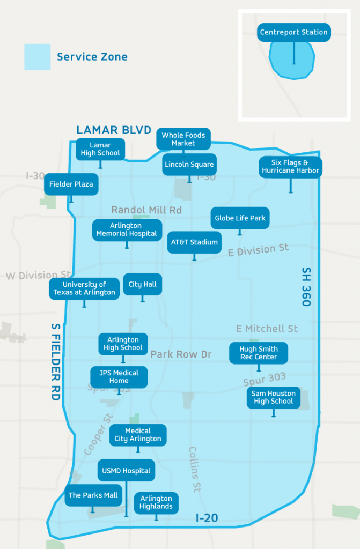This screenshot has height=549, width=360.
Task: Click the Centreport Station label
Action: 293,32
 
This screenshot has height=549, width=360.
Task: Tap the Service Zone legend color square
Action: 38,57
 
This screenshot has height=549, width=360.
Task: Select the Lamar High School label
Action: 100,149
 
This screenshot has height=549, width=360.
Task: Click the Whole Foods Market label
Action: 183,139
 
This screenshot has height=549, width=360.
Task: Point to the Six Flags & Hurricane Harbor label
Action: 290,167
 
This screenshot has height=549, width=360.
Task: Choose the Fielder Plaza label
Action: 71,184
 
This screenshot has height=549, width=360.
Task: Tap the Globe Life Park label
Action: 239,218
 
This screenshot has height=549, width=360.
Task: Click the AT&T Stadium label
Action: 194,242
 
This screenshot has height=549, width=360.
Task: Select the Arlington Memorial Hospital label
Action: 127,229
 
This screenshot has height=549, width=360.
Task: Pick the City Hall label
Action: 143,284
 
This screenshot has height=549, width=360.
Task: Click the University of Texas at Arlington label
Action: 84,288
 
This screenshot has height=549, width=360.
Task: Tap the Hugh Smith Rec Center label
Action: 259,353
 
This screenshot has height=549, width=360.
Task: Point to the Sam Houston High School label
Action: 274,397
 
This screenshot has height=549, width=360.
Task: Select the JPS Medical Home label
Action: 119,377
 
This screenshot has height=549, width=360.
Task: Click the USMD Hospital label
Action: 126,471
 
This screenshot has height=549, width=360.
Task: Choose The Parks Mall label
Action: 93,495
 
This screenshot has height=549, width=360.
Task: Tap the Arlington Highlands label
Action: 156,502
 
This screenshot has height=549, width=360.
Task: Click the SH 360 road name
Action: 306,287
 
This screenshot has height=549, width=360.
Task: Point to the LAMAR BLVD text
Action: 114,130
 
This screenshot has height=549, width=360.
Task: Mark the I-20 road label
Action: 207,518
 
